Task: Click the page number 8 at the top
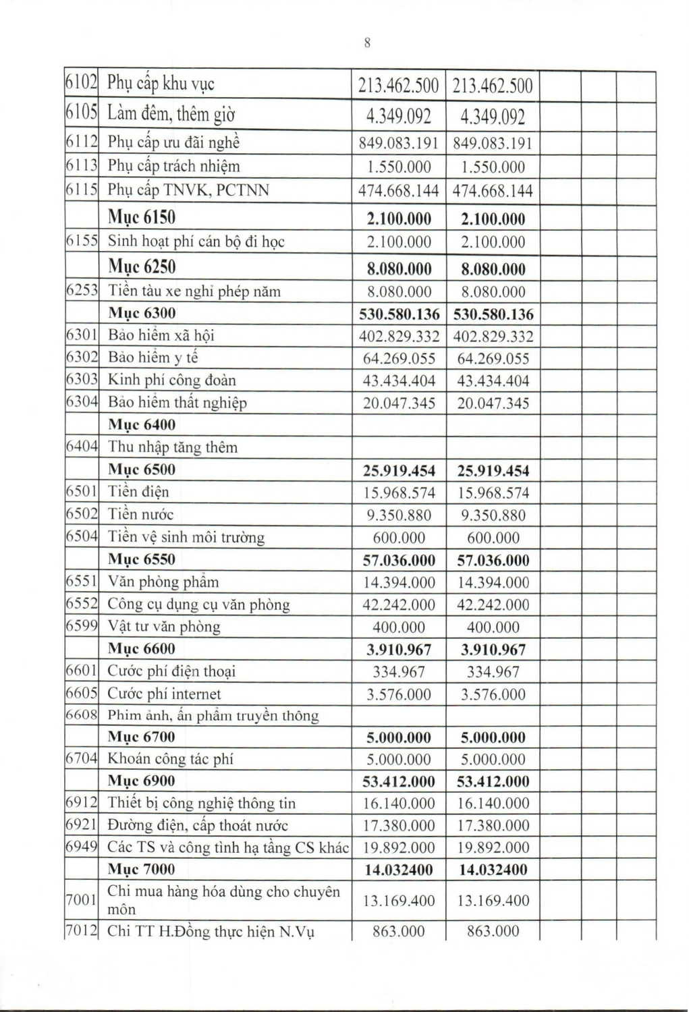coord(367,43)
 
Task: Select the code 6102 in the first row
coord(82,84)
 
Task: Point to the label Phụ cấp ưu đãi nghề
coord(174,142)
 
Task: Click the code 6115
coord(82,190)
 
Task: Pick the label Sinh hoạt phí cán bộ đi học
coord(196,242)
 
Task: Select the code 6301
coord(82,335)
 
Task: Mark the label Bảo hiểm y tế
coord(153,358)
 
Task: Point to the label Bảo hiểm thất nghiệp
coord(177,403)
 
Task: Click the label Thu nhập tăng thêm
coord(173,447)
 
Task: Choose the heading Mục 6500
coord(142,470)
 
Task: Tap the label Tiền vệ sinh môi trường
coord(186,537)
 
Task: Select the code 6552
coord(82,604)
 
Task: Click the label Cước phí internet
coord(164,694)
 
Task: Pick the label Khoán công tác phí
coord(171,759)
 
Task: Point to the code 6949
coord(82,847)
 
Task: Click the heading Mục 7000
coord(142,869)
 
